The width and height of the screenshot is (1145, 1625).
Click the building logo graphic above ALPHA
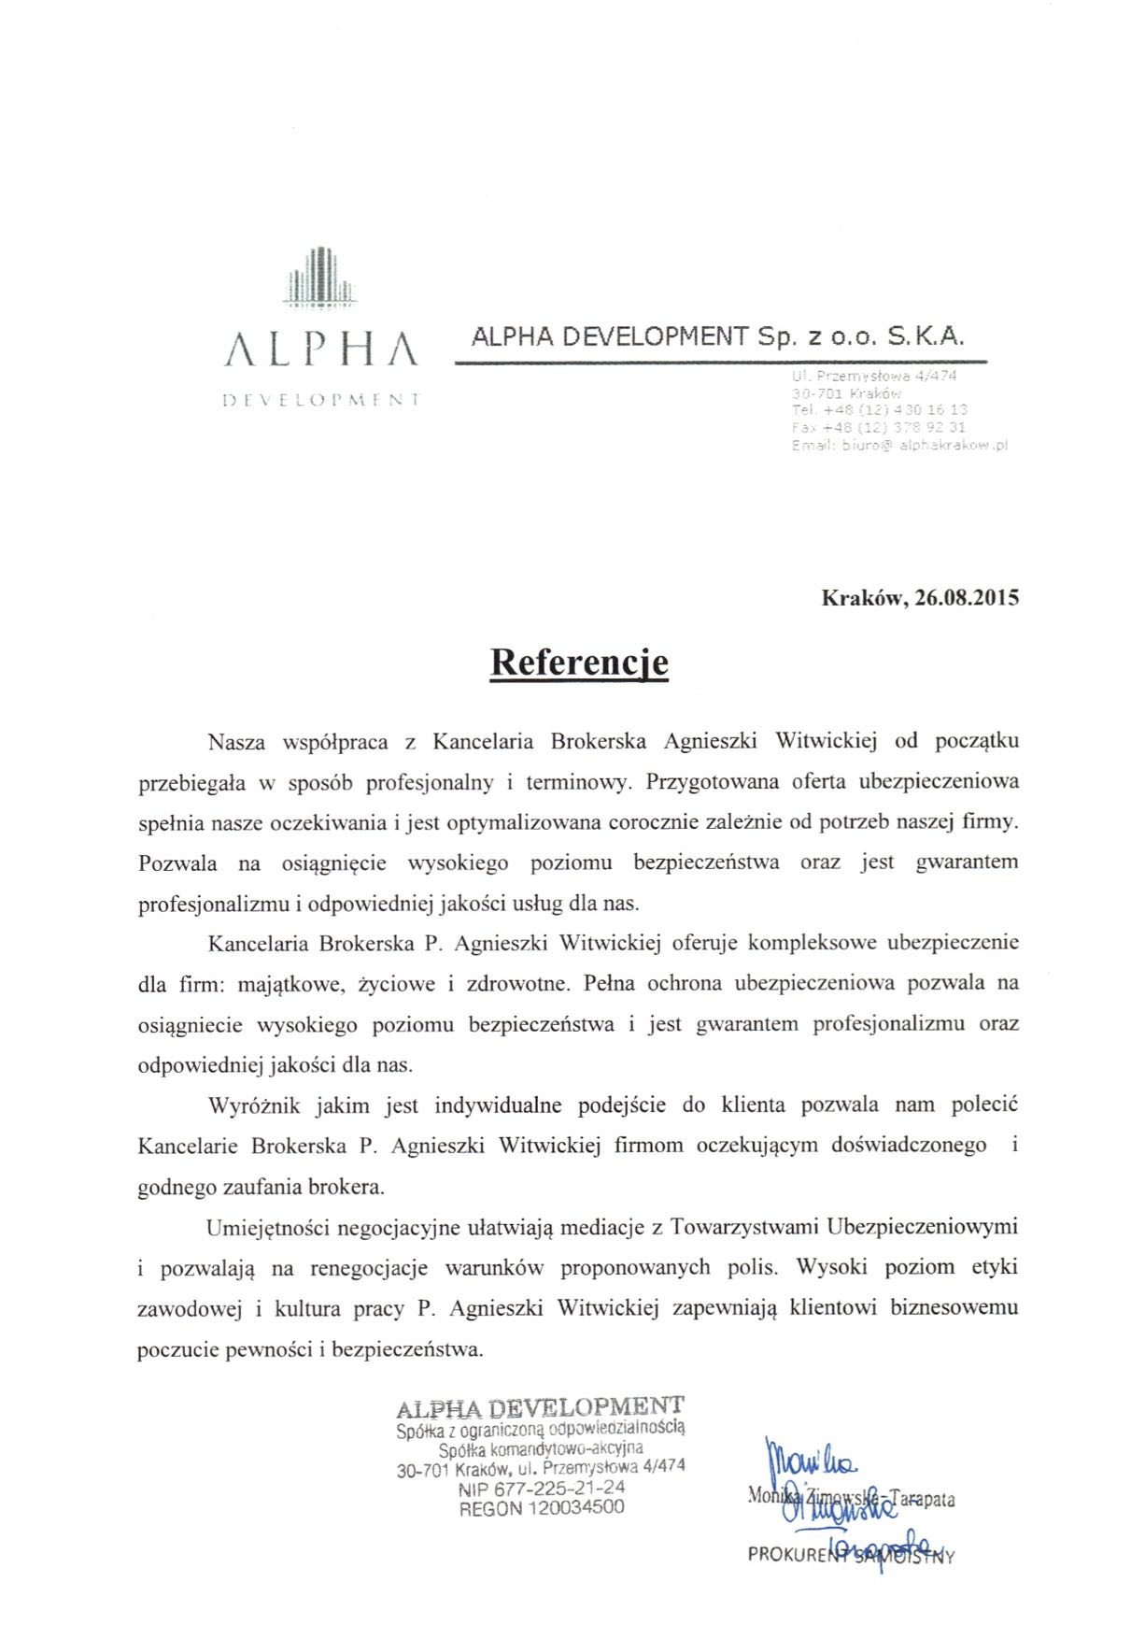pos(320,277)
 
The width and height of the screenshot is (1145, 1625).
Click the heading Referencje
pos(579,663)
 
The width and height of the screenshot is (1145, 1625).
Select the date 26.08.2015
pos(967,598)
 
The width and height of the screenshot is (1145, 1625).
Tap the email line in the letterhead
pos(899,446)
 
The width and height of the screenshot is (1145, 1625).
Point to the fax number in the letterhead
pos(878,428)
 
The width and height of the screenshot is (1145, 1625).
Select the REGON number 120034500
pos(542,1507)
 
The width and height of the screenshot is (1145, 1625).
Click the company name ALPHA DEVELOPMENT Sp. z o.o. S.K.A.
pos(717,337)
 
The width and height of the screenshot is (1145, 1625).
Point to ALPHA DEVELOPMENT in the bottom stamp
pos(540,1408)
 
